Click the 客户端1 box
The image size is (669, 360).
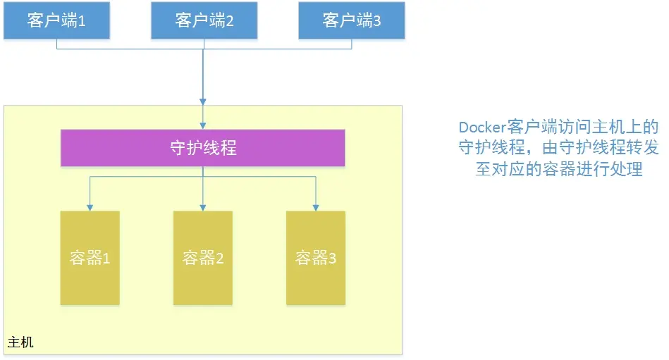point(56,20)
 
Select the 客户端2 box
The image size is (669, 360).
point(204,20)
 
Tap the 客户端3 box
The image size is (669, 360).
point(352,20)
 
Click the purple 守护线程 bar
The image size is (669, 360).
point(203,148)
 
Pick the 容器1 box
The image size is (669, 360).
point(90,258)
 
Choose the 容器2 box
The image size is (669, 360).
point(203,258)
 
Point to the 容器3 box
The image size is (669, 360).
point(316,258)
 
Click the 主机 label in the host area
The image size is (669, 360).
point(20,343)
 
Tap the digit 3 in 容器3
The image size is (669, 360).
point(332,259)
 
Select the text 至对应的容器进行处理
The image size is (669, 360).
point(558,170)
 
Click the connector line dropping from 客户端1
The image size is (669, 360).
point(56,44)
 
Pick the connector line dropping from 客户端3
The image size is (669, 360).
point(352,44)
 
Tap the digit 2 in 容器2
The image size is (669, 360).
point(219,259)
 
